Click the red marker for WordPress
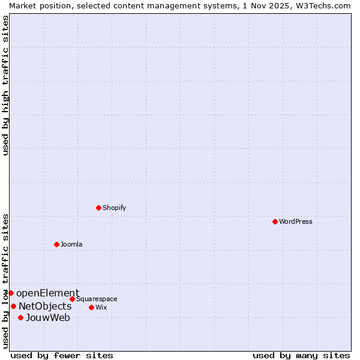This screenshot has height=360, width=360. click(275, 221)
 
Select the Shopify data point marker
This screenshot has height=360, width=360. click(98, 208)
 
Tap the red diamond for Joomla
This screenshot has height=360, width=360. click(56, 244)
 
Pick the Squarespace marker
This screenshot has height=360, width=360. click(72, 299)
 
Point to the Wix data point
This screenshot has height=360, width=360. click(91, 307)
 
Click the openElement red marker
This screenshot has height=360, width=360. click(11, 293)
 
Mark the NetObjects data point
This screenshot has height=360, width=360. click(13, 306)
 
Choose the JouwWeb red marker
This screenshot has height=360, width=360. click(20, 317)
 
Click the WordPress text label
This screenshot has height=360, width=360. click(296, 221)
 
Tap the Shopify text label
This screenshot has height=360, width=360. click(115, 208)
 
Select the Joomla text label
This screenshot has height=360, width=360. click(71, 244)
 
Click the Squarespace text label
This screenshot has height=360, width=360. click(97, 299)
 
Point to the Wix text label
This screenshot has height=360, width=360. click(101, 307)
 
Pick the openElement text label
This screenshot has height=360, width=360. click(47, 293)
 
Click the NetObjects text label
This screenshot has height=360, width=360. click(45, 307)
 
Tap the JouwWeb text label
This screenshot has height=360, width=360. click(48, 318)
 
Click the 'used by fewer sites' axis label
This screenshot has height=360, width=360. click(62, 355)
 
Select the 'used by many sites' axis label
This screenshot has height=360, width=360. click(301, 355)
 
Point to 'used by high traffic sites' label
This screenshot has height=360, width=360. click(5, 85)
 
